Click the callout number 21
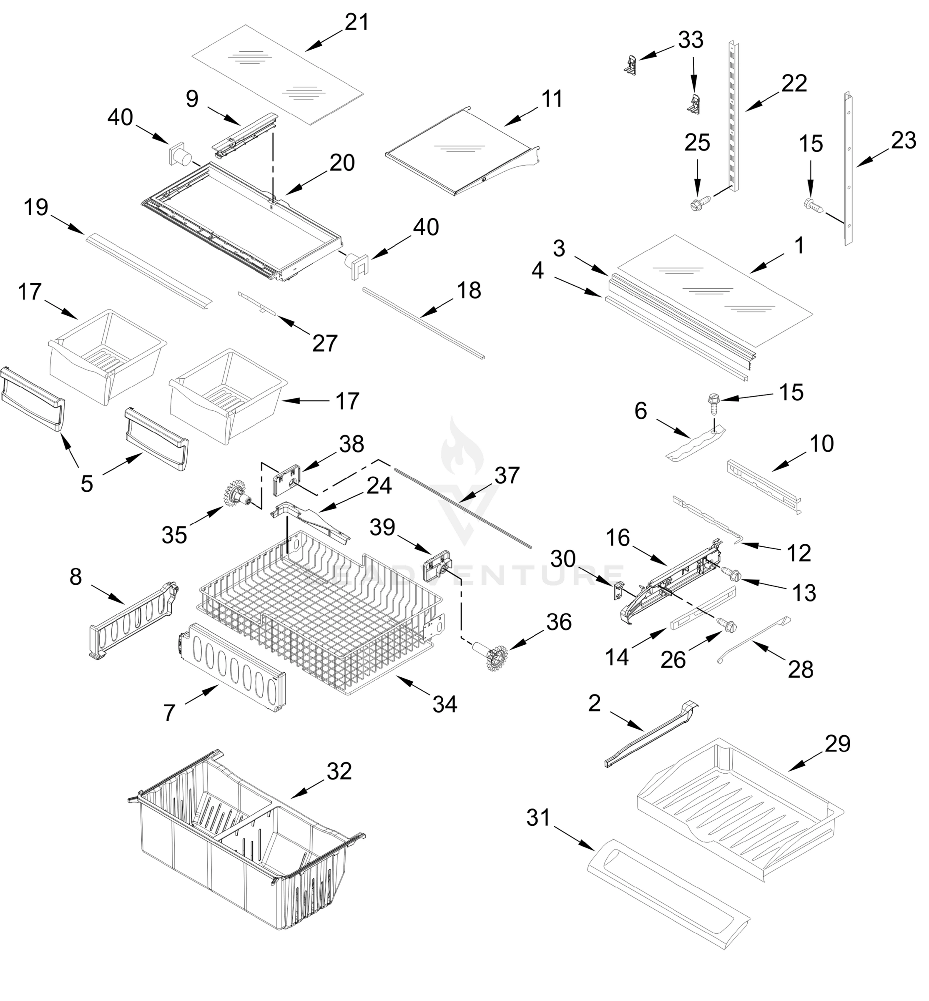click(x=357, y=23)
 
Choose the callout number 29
click(x=838, y=744)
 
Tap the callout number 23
click(x=904, y=141)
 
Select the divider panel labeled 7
click(x=232, y=668)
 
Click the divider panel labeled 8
click(x=133, y=619)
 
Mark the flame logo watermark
click(x=462, y=448)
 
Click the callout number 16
click(x=618, y=538)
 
